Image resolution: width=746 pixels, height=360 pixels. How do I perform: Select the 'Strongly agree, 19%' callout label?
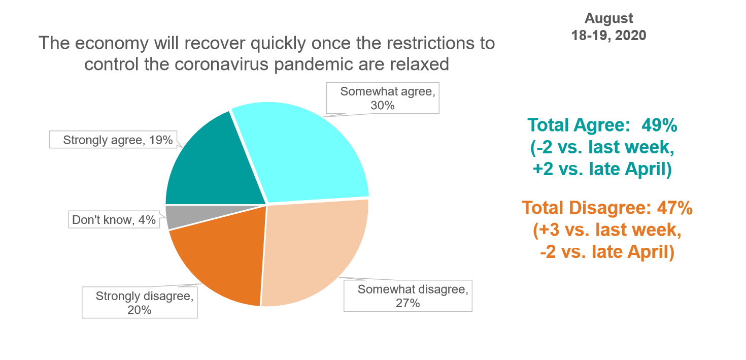click(118, 140)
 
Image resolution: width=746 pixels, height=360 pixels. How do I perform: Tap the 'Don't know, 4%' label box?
click(114, 220)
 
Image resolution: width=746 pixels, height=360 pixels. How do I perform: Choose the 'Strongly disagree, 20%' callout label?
click(140, 303)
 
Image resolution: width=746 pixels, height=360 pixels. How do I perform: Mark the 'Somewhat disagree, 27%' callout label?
click(408, 296)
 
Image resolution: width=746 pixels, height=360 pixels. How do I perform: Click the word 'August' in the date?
click(608, 19)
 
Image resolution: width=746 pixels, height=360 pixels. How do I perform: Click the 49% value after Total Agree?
click(660, 125)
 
